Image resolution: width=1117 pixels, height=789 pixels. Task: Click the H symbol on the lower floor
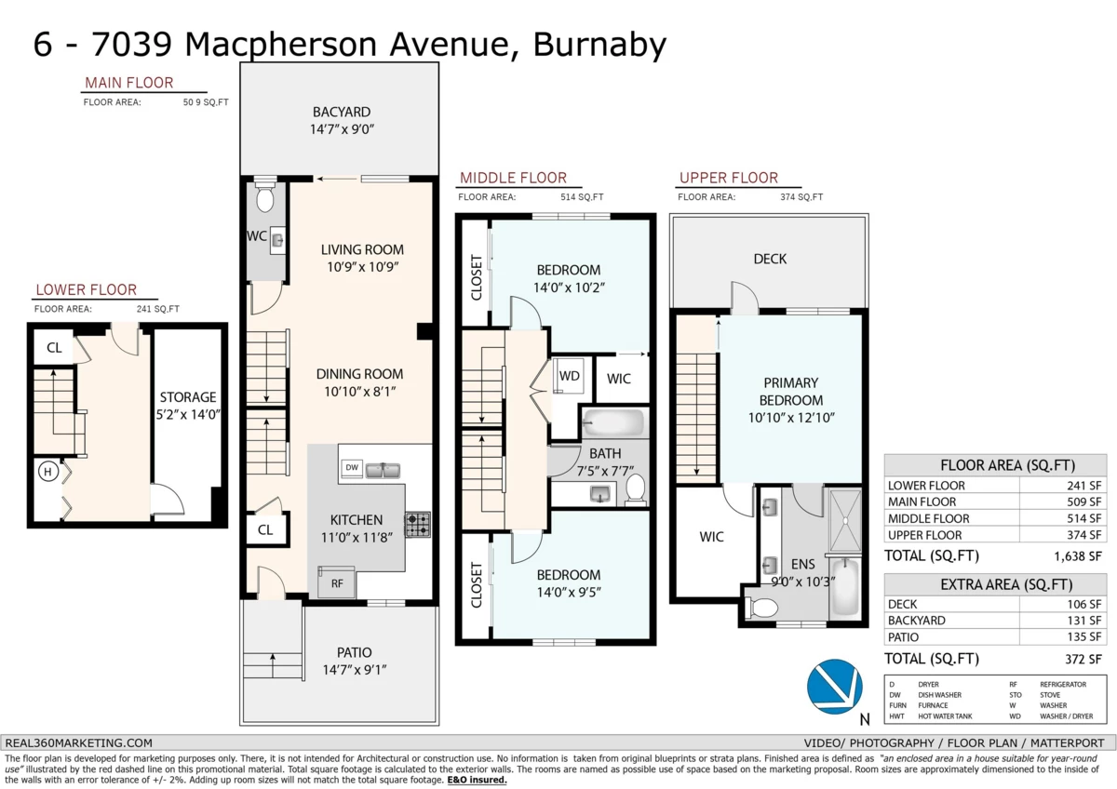47,473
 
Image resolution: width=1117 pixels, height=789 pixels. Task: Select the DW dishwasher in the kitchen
352,467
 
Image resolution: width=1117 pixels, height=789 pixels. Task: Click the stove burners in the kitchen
417,525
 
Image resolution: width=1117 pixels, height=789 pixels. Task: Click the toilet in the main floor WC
264,197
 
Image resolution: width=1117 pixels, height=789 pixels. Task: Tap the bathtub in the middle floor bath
612,424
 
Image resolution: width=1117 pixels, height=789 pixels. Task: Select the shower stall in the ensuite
847,515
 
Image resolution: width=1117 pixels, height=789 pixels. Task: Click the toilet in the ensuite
763,608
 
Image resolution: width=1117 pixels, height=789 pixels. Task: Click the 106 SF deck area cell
1084,604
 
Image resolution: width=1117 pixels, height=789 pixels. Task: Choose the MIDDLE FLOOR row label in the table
928,518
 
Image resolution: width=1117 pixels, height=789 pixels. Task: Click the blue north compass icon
835,687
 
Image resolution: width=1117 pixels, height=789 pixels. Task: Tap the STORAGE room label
187,397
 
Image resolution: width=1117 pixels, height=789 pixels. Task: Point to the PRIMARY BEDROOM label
791,392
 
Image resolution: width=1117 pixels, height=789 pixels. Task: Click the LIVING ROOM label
362,249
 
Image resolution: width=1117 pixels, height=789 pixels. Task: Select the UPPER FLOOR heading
728,178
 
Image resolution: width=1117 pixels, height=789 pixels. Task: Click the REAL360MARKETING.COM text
79,742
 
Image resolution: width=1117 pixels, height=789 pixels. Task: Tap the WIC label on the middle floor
619,379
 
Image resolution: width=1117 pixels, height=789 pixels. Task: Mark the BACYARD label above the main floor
341,112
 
